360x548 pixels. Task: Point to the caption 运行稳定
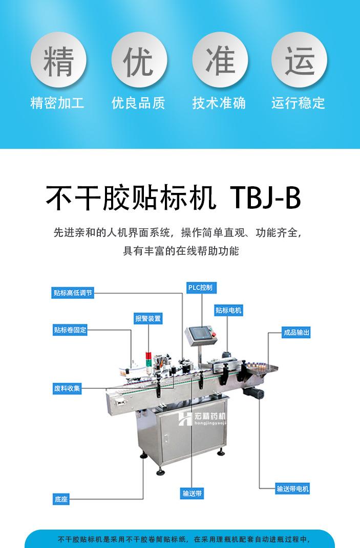299,103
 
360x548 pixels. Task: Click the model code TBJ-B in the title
266,199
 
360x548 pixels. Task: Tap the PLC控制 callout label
200,288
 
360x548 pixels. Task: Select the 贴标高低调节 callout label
73,293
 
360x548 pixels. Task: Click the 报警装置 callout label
148,318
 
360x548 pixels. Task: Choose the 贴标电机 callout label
228,311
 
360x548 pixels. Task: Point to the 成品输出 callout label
297,333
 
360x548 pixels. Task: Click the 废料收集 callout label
67,388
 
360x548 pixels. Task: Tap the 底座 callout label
61,499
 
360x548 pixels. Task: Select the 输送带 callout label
193,494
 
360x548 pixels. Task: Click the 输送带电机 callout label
292,489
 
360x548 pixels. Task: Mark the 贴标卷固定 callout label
70,330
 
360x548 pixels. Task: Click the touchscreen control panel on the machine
199,334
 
